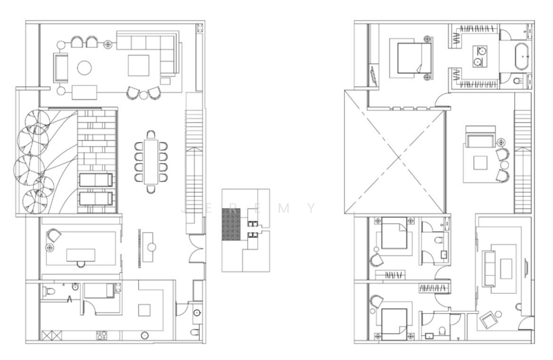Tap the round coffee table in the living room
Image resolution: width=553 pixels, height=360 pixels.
pos(84,67)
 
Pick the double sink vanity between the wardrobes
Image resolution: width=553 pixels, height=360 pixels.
pos(478,56)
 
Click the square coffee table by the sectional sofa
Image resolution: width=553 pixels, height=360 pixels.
pos(138,65)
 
